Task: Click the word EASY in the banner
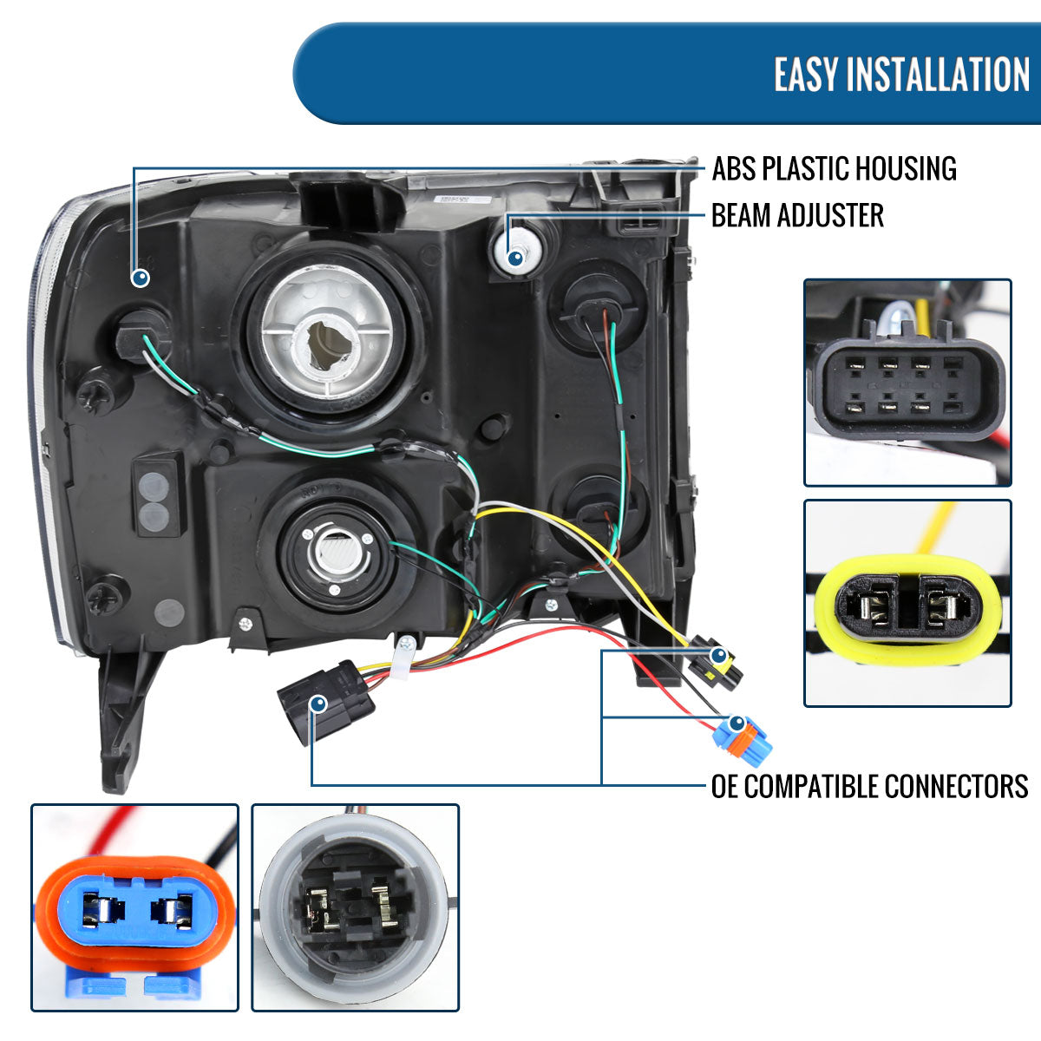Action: (x=806, y=75)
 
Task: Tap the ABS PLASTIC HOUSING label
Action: (x=834, y=168)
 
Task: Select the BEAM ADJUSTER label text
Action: (x=797, y=215)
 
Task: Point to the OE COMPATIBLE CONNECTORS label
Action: (x=869, y=786)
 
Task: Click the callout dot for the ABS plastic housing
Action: (x=141, y=278)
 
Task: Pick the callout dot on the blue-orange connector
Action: (x=737, y=723)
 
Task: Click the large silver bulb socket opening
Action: (x=330, y=335)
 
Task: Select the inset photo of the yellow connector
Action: (x=907, y=604)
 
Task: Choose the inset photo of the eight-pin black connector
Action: (x=907, y=383)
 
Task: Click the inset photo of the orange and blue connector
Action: (x=134, y=907)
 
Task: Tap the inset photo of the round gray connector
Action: (x=355, y=907)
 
